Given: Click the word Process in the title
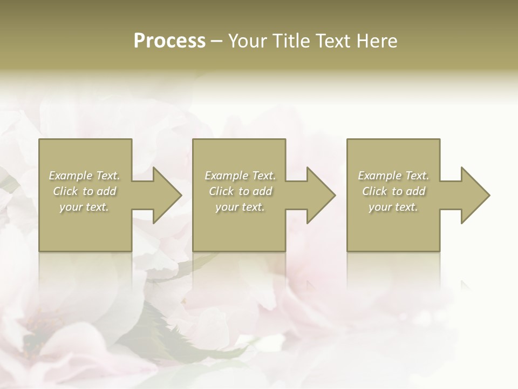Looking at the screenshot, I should click(x=169, y=41).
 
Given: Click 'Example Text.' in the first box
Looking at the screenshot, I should click(x=85, y=176).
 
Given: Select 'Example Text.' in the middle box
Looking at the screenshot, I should click(x=240, y=176).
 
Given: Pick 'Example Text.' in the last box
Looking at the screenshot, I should click(x=393, y=176).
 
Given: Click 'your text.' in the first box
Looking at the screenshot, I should click(x=84, y=207).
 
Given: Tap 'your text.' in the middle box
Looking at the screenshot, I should click(x=240, y=207).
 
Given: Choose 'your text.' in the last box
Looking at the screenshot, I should click(x=393, y=207).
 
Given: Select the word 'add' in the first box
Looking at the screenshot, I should click(x=107, y=191).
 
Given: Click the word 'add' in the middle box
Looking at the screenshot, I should click(x=263, y=191).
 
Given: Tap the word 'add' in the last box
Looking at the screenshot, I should click(x=416, y=191).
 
